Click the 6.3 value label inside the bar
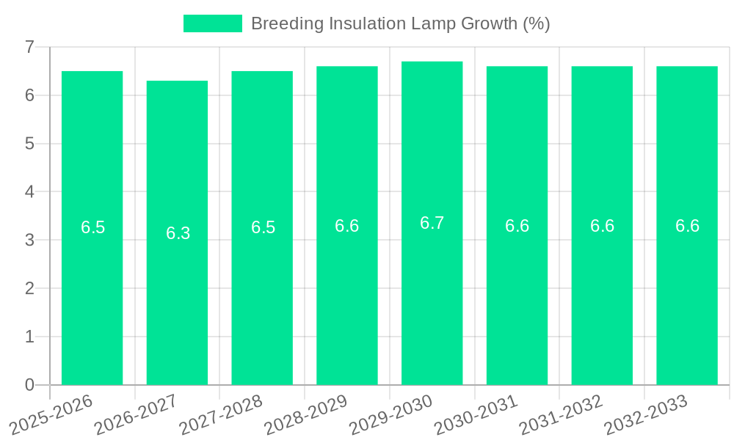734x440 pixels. (x=178, y=233)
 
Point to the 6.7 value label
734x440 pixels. (x=432, y=223)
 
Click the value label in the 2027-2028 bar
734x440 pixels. (x=263, y=227)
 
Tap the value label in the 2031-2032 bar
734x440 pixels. (x=602, y=226)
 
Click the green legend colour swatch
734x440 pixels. (x=212, y=23)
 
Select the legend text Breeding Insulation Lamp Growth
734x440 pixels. (x=400, y=23)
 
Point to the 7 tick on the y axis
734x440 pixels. (x=29, y=47)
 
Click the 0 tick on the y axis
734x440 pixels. (x=29, y=385)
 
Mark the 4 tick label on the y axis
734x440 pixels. (x=29, y=192)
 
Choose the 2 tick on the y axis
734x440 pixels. (x=29, y=288)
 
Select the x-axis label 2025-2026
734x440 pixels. (x=51, y=414)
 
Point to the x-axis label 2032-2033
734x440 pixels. (x=646, y=414)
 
